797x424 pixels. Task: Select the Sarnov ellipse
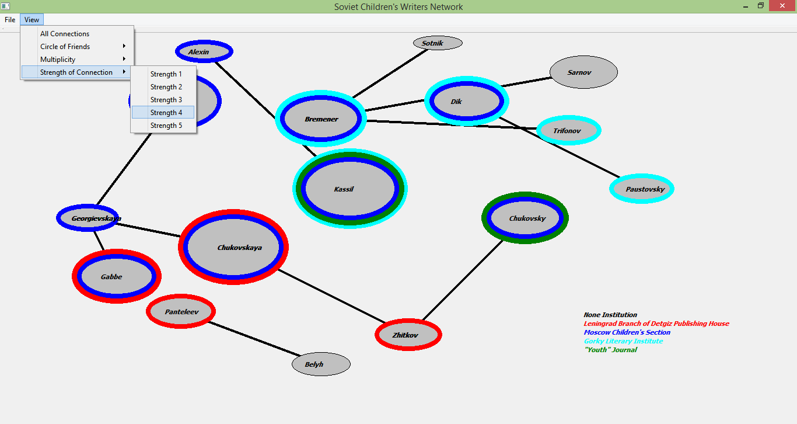[x=583, y=72]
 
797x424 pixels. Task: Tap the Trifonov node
[x=568, y=131]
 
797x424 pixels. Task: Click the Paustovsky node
[x=642, y=189]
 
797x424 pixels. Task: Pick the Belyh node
[x=321, y=364]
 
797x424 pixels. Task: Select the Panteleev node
[x=181, y=312]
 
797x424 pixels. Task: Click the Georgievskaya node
[x=88, y=218]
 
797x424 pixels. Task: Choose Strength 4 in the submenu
[x=166, y=113]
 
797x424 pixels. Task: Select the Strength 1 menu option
[x=166, y=74]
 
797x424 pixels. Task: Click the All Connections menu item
[x=65, y=34]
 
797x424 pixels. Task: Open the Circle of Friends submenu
[x=65, y=47]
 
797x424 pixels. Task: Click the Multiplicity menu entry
[x=58, y=60]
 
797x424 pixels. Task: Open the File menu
[x=10, y=20]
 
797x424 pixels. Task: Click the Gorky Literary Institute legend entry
[x=623, y=341]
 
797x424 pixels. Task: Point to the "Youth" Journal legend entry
[x=610, y=350]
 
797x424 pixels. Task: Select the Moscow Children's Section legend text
[x=627, y=332]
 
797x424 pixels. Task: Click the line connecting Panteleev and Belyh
[x=254, y=338]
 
